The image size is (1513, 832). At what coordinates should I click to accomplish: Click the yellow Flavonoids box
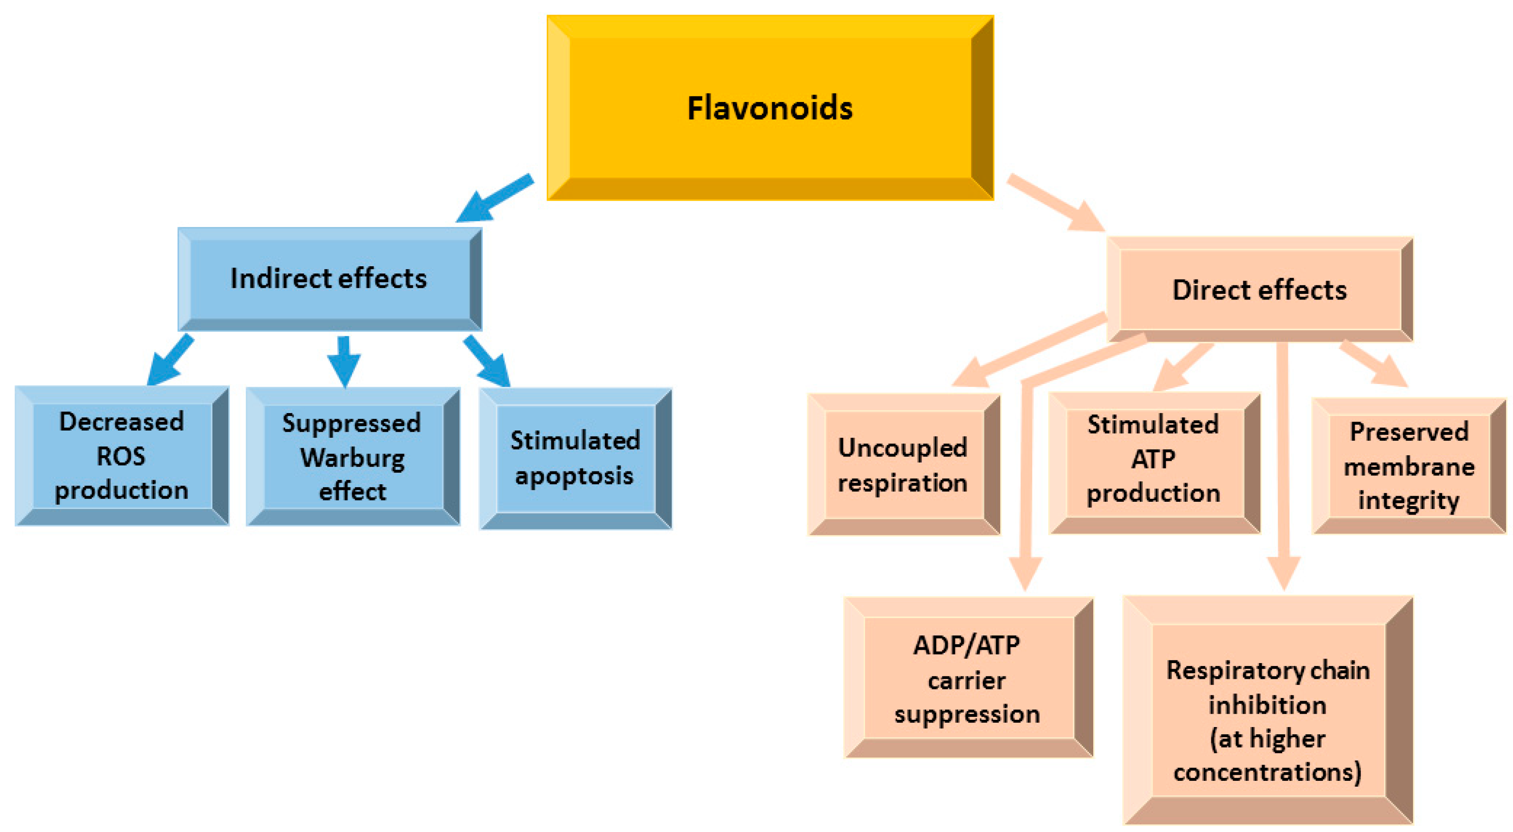coord(770,108)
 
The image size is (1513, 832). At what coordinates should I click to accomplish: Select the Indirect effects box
coord(329,279)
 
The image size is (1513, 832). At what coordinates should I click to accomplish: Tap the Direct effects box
coord(1259,290)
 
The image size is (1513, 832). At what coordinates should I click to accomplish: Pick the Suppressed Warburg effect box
coord(352,457)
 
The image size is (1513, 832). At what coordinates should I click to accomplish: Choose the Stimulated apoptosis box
coord(575,458)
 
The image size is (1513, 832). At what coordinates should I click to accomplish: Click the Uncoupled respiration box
coord(903,465)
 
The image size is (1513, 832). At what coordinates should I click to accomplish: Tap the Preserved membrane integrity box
coord(1408,466)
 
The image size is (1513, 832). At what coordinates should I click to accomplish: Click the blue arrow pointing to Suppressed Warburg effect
coord(344,361)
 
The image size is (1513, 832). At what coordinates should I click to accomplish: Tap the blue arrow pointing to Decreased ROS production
coord(169,361)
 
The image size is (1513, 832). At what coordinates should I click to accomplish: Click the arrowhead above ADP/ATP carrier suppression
coord(1025,573)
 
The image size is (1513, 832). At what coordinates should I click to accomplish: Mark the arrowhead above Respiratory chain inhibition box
coord(1284,573)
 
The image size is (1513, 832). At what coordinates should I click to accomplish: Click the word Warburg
coord(352,458)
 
